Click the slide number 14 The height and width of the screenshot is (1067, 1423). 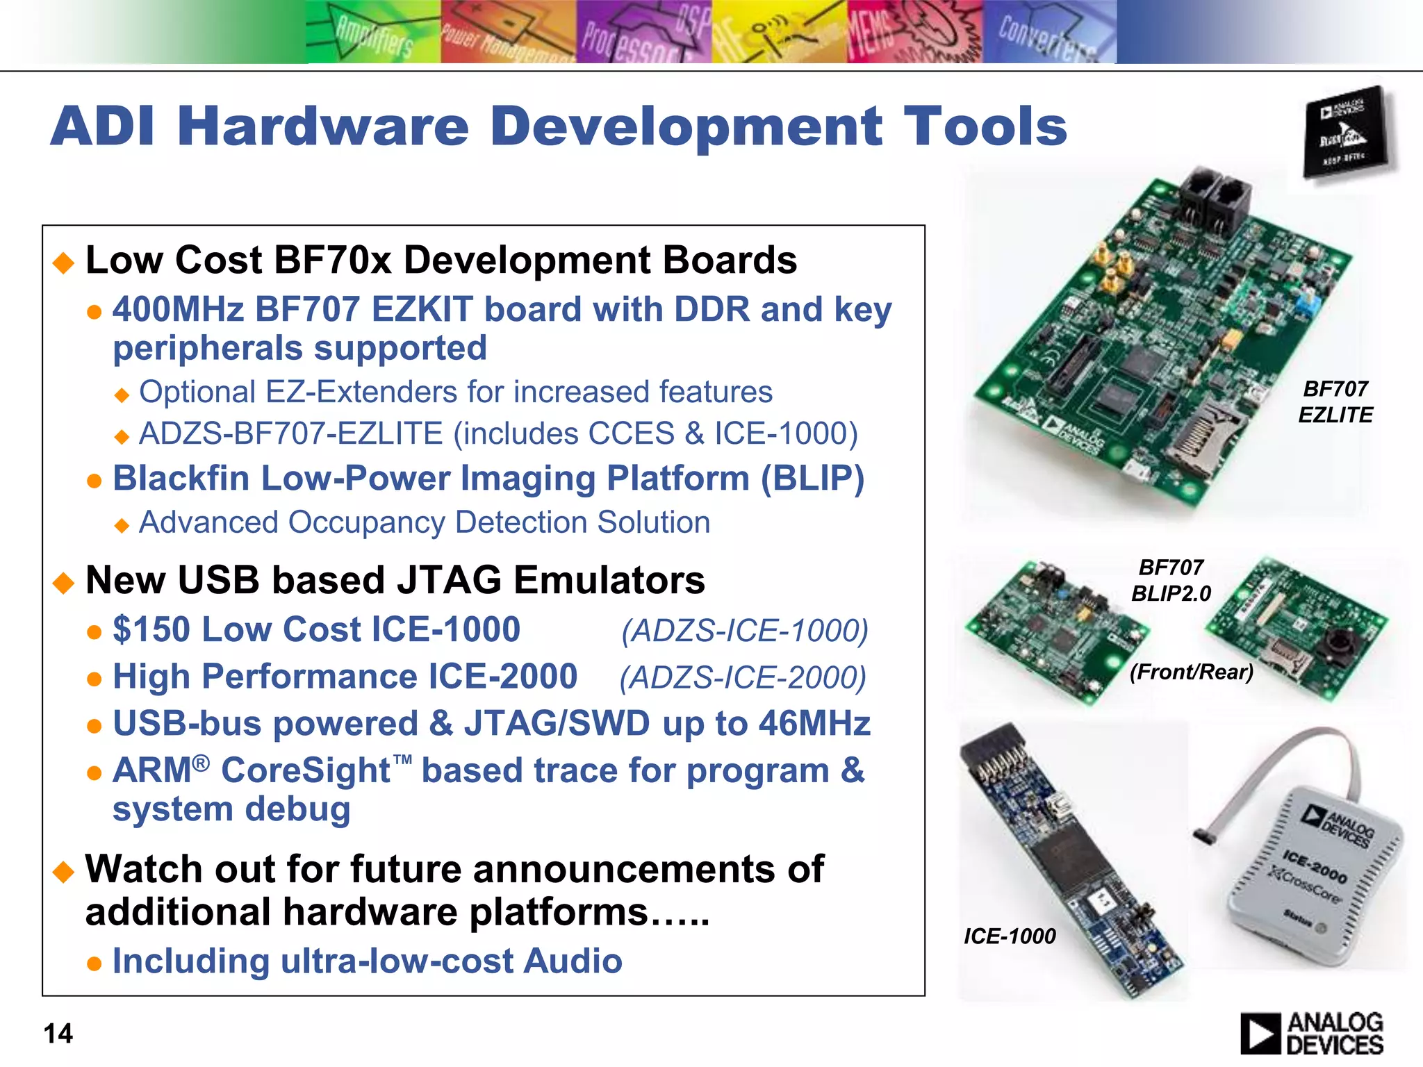coord(58,1034)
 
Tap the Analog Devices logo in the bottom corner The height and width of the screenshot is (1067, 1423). coord(1311,1033)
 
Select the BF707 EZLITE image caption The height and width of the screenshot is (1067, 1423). coord(1335,402)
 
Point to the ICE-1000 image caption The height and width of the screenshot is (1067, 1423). coord(1010,936)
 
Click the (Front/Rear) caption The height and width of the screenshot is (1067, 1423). coord(1192,672)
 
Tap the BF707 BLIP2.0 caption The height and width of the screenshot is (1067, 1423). coord(1171,580)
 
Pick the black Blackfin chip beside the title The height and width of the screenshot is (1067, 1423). coord(1347,132)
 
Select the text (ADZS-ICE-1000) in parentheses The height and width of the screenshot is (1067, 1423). coord(745,631)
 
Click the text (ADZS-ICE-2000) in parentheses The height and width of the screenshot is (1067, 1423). coord(743,677)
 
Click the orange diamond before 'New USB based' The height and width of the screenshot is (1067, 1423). coord(64,582)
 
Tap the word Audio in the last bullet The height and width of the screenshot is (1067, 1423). coord(573,961)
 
